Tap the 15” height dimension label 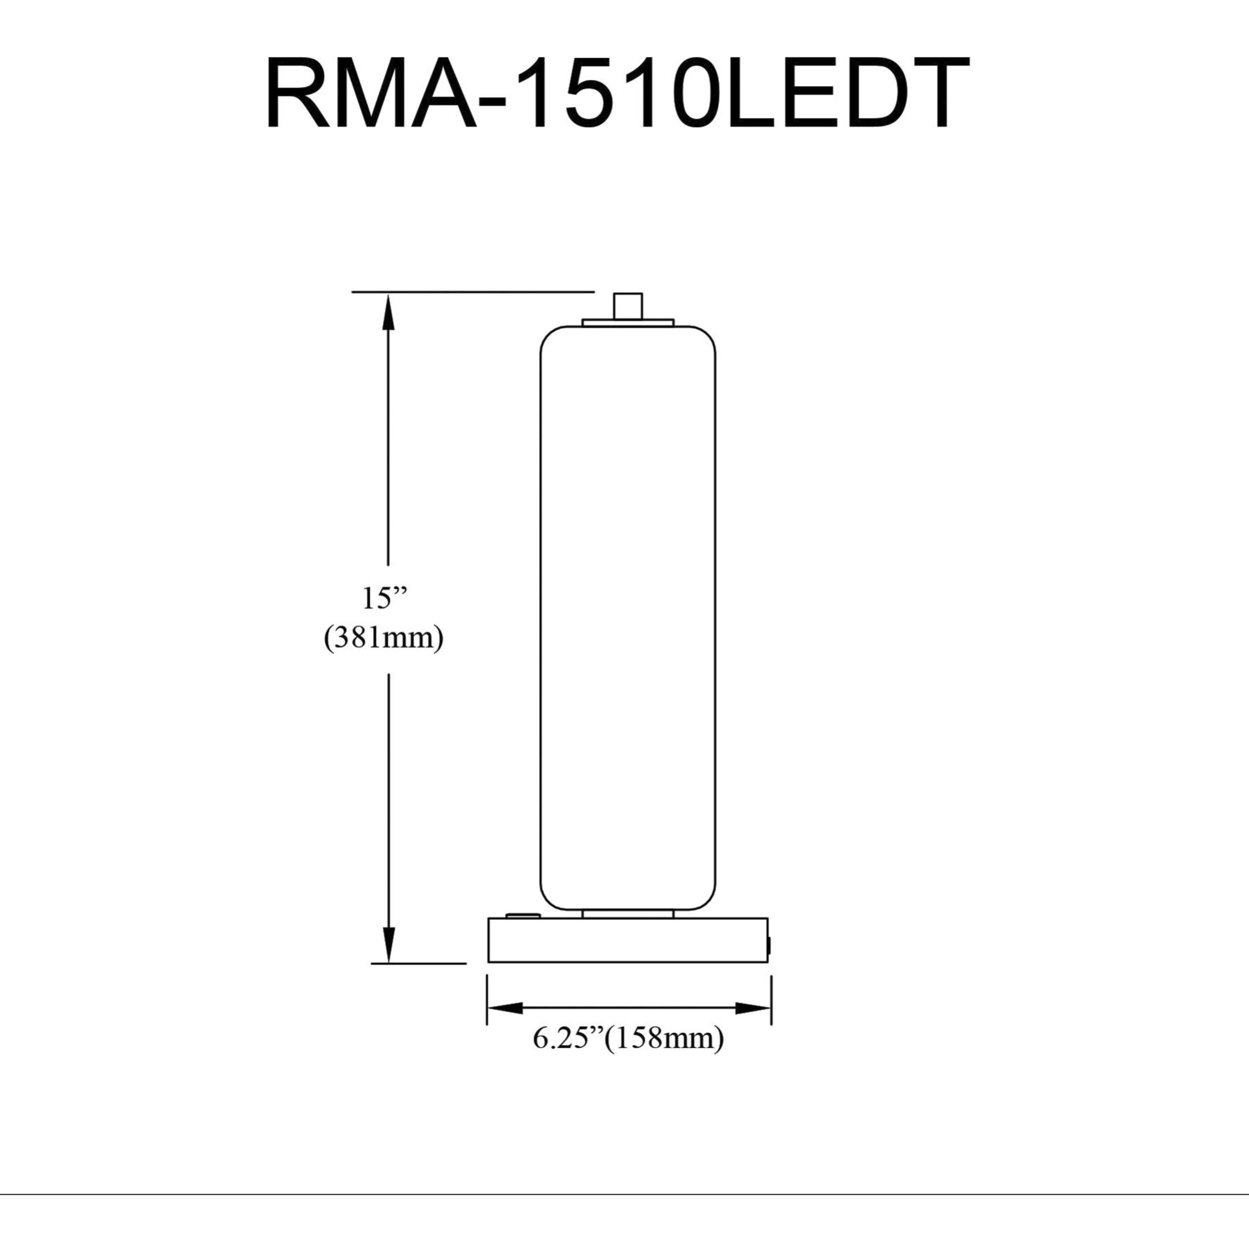click(x=385, y=598)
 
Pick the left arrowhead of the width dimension click(x=504, y=1008)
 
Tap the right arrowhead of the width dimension click(x=754, y=1008)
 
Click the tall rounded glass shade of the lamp click(x=627, y=618)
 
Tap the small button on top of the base click(x=524, y=915)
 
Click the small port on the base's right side click(x=769, y=946)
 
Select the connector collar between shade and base click(x=627, y=913)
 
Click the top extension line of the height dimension click(x=472, y=292)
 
